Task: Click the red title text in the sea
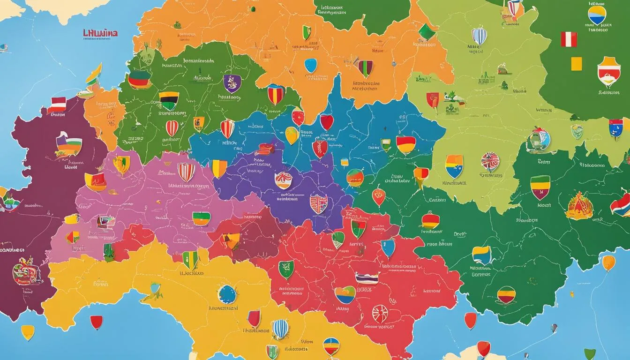100,33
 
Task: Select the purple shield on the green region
232,83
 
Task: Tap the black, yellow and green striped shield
169,100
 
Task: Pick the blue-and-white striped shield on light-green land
479,36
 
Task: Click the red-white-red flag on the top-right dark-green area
569,39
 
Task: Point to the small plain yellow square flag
576,64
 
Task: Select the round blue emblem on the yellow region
227,294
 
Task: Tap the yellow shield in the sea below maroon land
28,332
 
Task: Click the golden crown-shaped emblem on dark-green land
579,206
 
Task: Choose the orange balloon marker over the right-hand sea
608,262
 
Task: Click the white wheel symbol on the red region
380,313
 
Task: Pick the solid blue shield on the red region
388,248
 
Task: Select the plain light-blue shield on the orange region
310,65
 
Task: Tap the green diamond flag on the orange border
427,32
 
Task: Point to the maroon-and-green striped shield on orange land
365,68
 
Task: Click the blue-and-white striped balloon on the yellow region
280,329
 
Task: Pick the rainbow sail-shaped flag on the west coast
94,75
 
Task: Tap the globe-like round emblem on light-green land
538,140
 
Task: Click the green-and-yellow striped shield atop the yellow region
190,259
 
